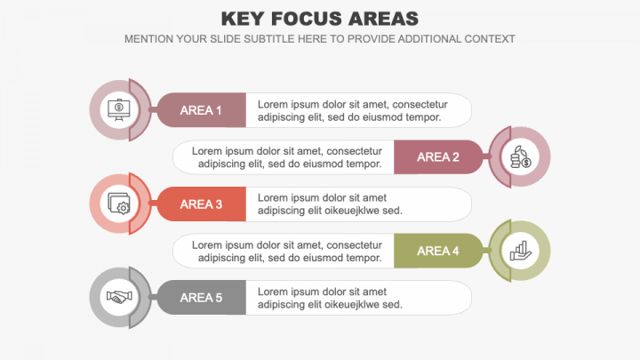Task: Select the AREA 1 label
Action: click(201, 110)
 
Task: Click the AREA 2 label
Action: click(438, 157)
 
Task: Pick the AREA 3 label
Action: click(201, 204)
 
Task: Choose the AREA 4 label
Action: click(438, 252)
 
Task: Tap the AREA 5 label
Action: click(201, 298)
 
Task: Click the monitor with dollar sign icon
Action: click(118, 109)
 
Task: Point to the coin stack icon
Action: click(521, 157)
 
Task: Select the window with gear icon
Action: click(118, 204)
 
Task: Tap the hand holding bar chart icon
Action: click(521, 252)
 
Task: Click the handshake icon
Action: click(118, 298)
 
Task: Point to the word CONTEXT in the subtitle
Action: click(487, 39)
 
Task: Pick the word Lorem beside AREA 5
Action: click(273, 292)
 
